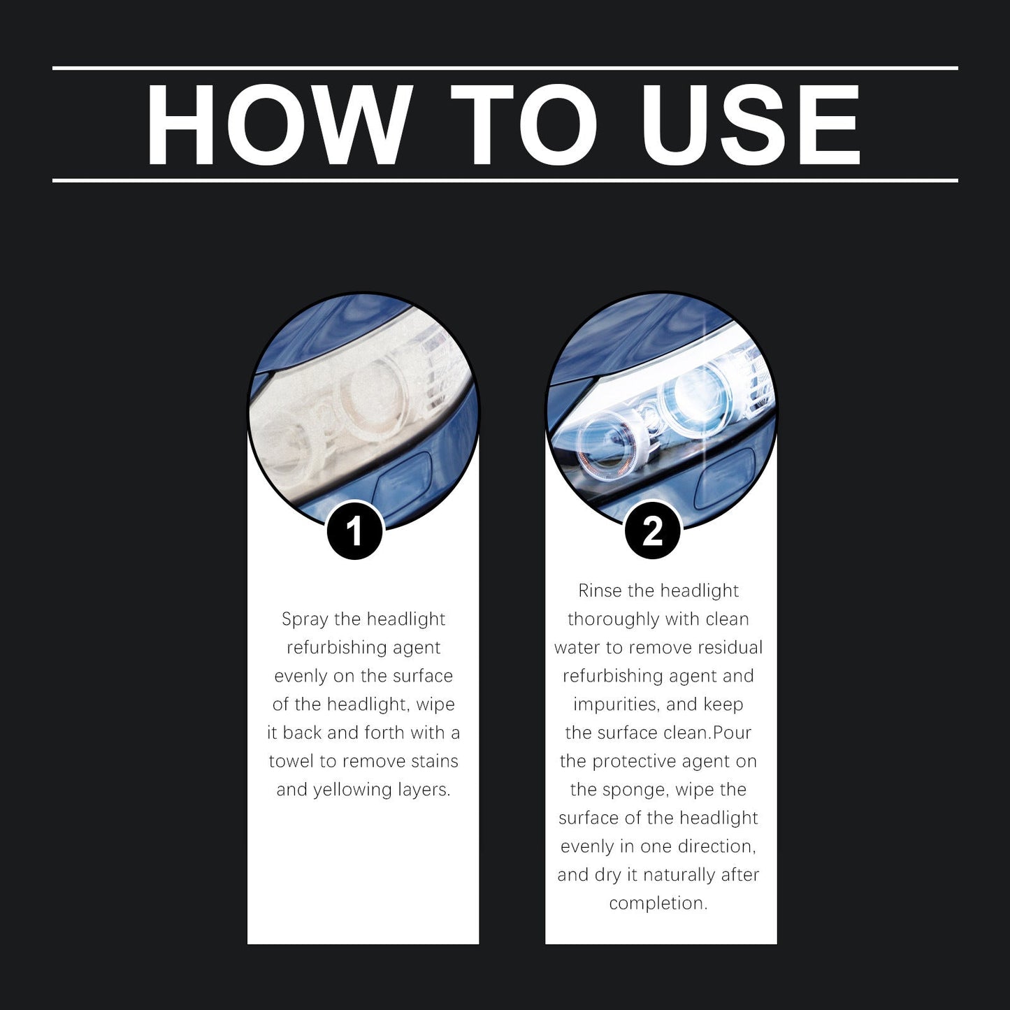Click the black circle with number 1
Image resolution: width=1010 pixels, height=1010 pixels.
354,531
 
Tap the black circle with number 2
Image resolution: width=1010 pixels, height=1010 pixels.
652,531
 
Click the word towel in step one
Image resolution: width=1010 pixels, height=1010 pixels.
292,761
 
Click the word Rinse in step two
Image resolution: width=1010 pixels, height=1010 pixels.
600,591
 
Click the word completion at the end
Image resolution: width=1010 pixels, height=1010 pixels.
658,903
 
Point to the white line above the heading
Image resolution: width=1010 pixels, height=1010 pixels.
505,68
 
